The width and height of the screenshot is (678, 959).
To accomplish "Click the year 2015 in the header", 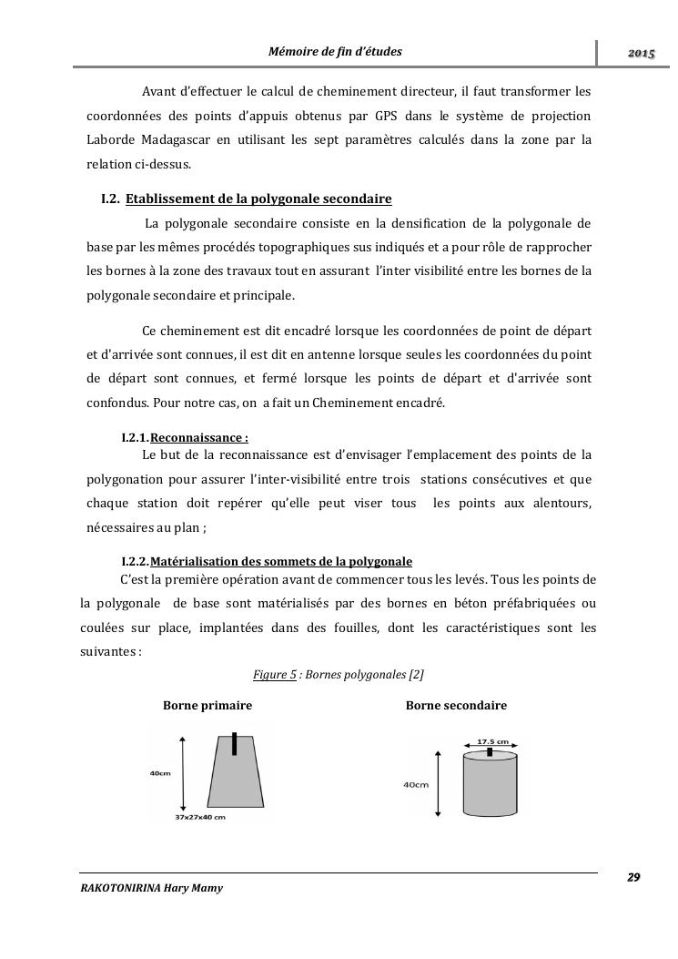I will tap(641, 55).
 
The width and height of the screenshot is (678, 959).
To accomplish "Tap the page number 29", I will tap(633, 877).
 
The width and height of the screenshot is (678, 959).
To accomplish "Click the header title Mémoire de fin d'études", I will tap(335, 52).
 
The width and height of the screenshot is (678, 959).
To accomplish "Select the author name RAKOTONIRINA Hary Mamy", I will tap(151, 888).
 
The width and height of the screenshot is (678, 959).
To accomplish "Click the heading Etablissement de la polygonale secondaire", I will tap(258, 199).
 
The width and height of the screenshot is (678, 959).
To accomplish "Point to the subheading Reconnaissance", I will tap(199, 437).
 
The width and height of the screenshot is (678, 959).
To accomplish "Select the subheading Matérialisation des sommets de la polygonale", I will tap(281, 561).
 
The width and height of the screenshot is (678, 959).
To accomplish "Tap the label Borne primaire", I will tap(207, 706).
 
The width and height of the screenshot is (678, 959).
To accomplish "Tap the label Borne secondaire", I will tap(456, 706).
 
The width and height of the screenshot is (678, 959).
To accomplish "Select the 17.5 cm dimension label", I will tap(492, 741).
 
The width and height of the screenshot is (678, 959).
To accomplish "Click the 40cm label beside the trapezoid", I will tap(160, 773).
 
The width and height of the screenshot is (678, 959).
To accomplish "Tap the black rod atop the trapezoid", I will tap(235, 743).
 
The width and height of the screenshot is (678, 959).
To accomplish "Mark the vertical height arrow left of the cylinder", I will tap(441, 784).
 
